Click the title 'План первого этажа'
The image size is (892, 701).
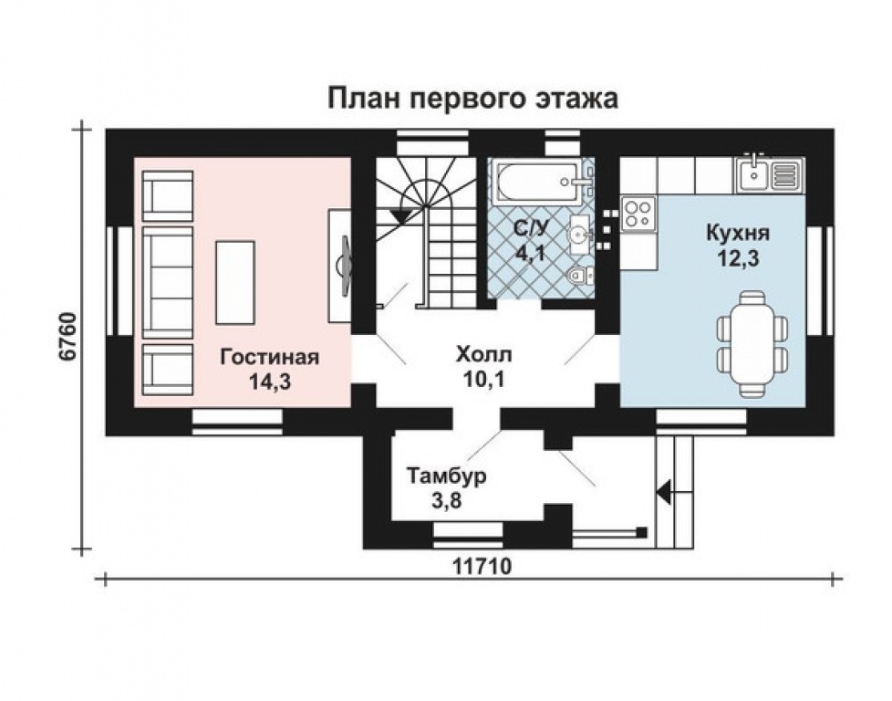[472, 99]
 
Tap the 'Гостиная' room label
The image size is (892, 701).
[270, 357]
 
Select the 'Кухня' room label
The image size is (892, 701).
[738, 233]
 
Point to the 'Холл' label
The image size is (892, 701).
[483, 354]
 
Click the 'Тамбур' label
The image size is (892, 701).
[447, 476]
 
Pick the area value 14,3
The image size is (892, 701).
[270, 382]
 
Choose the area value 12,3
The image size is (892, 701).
[738, 258]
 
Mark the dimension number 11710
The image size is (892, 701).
[483, 566]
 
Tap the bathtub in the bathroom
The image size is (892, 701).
[539, 182]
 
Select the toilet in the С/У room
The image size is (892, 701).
[580, 276]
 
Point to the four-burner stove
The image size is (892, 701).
[638, 213]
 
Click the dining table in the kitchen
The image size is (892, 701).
[752, 343]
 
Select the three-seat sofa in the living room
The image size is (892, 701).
[168, 282]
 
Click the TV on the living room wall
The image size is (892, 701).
[343, 266]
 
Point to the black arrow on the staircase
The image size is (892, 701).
[402, 215]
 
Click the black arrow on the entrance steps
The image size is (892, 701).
[664, 490]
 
